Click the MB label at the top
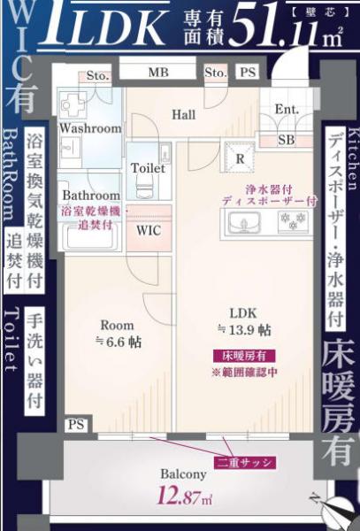158,73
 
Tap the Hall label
183,115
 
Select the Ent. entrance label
286,110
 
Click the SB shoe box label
286,140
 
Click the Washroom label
89,128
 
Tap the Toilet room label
147,168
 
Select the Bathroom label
90,196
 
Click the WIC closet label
148,230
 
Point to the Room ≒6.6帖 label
117,333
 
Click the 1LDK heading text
96,27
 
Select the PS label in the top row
248,73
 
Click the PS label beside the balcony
77,426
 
